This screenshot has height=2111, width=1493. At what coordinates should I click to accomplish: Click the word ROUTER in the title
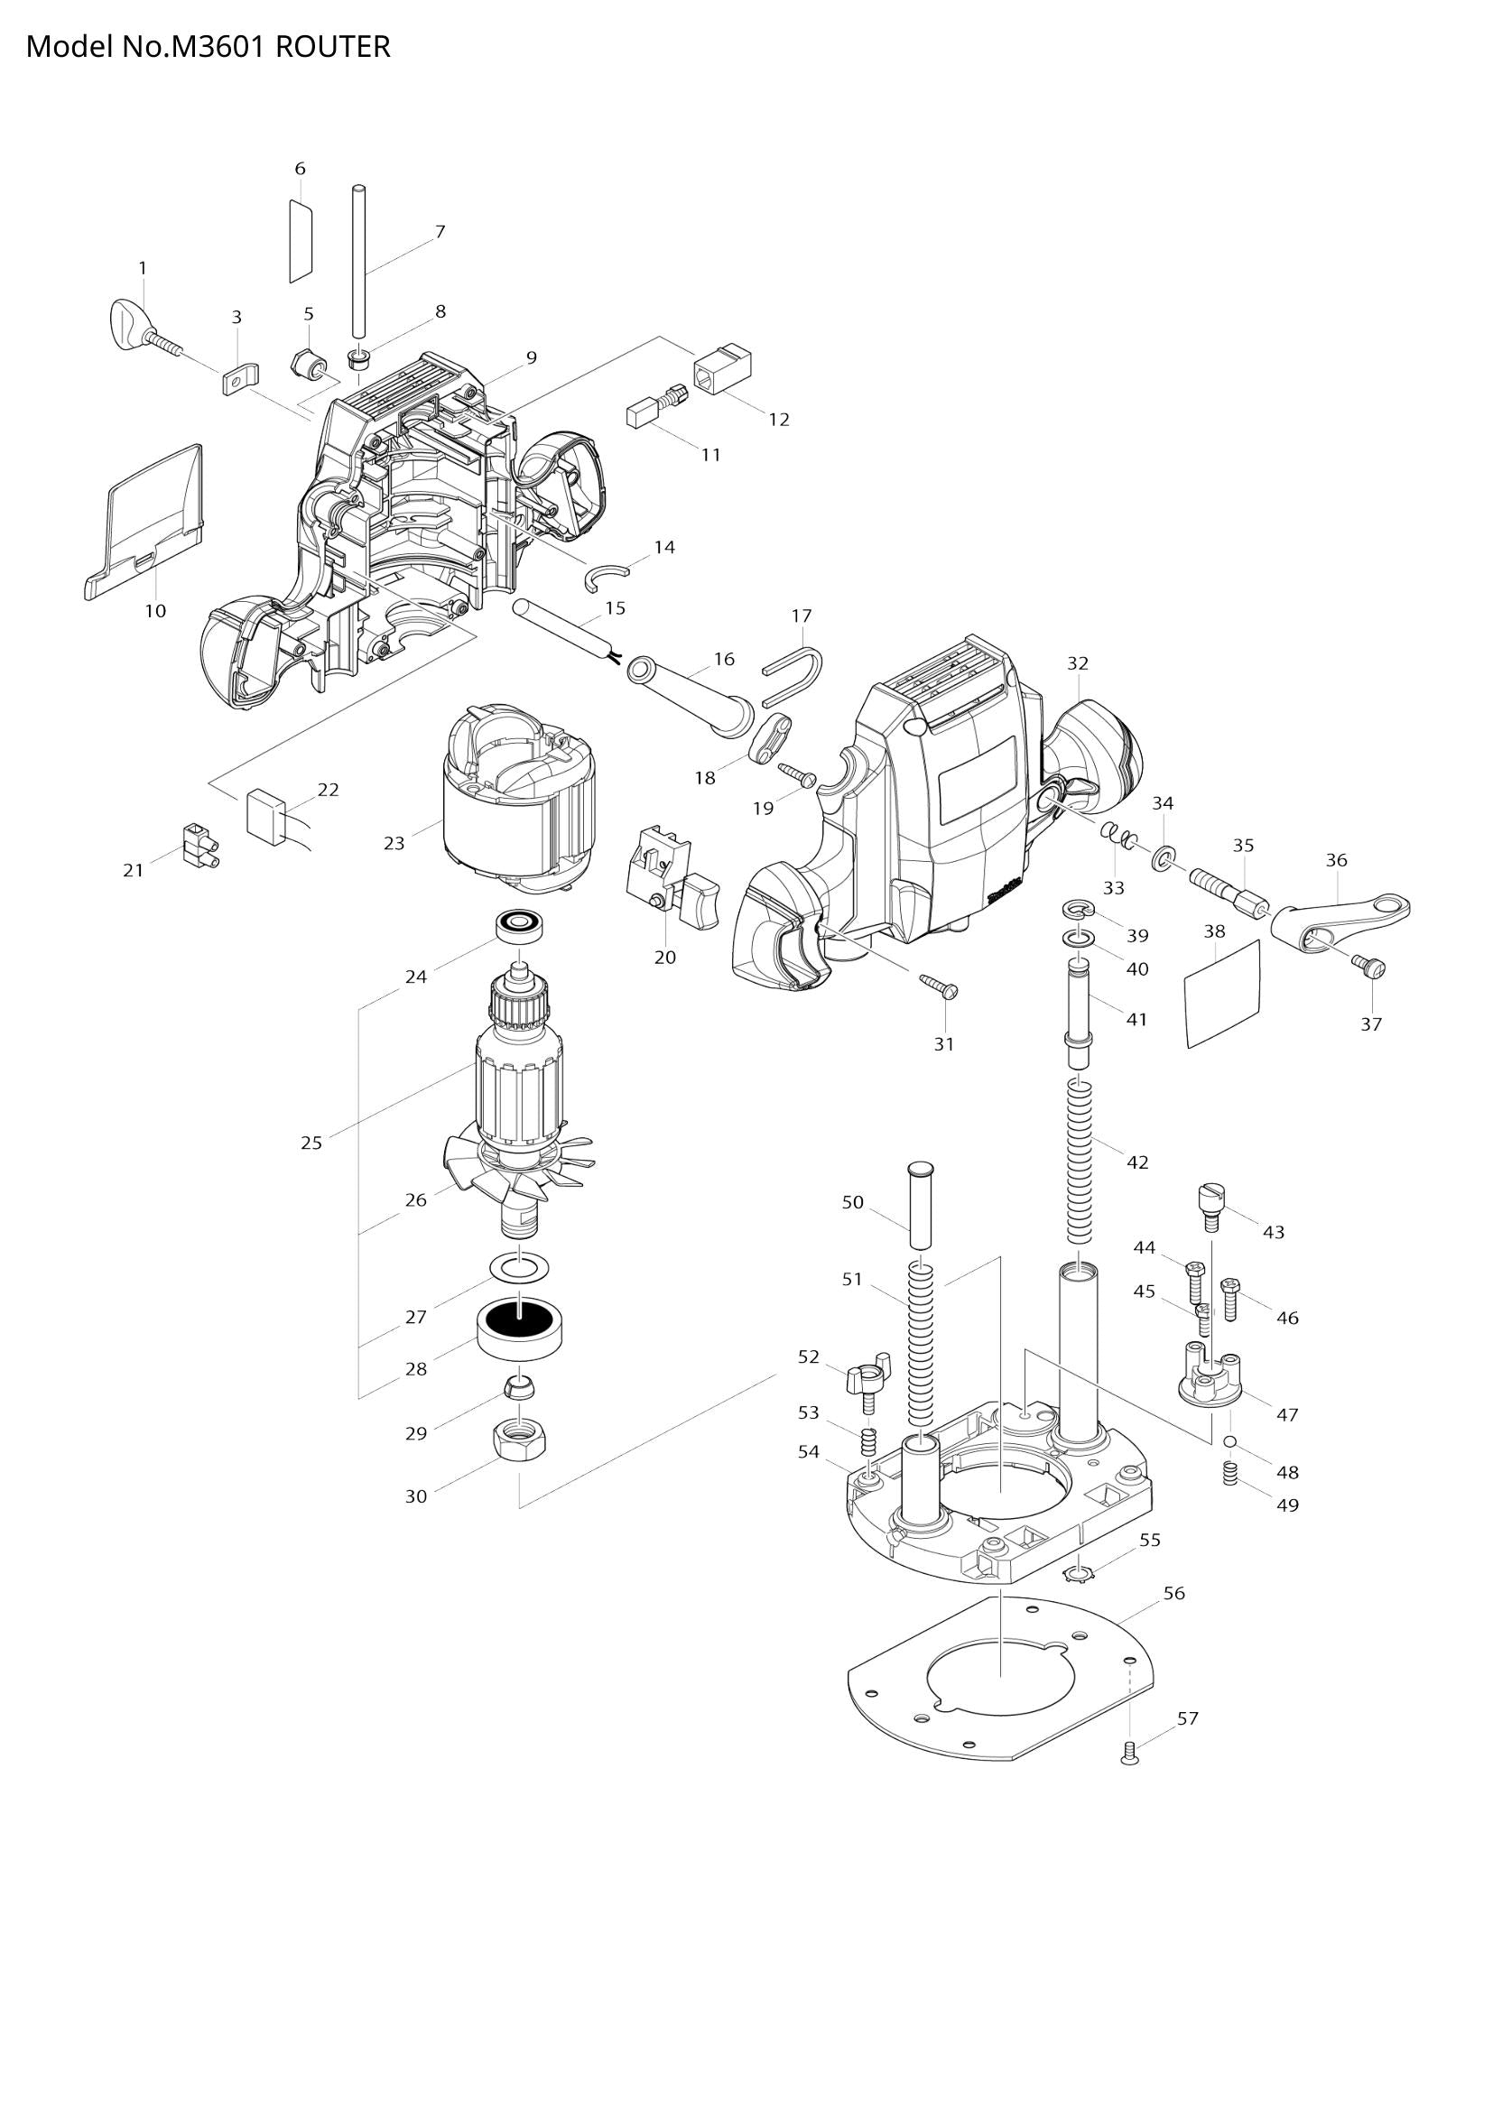[333, 48]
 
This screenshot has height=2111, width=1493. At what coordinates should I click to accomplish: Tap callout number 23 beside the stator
[394, 843]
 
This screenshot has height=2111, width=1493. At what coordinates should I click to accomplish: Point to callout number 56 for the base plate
[1174, 1592]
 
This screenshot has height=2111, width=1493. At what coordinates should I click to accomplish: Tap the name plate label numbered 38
[1220, 995]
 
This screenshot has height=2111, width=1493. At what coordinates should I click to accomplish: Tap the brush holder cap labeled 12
[724, 366]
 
